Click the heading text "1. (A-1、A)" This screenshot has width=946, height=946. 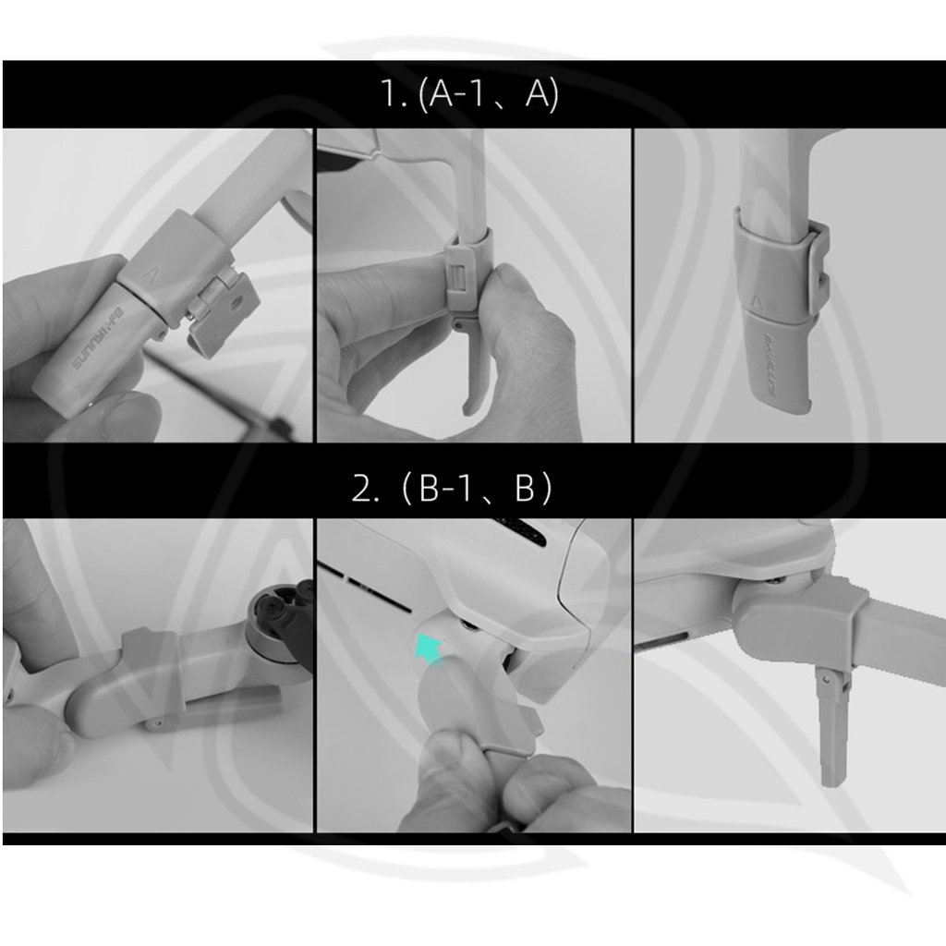tap(470, 94)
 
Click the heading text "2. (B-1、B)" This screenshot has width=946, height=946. tap(451, 488)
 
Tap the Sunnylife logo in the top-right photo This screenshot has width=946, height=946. tap(774, 366)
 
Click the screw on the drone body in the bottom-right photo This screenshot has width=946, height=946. tap(777, 580)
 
